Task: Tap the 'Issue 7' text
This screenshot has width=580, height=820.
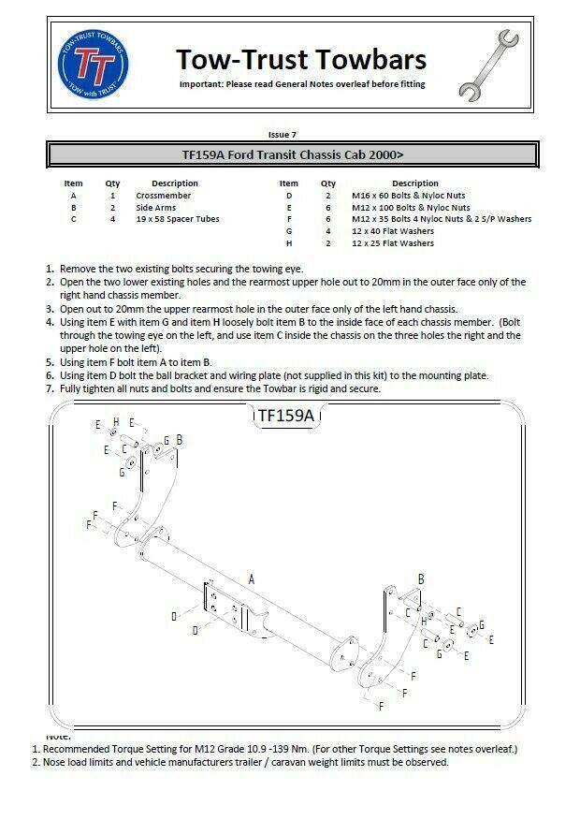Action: coord(283,135)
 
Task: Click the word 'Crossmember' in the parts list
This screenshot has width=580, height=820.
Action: coord(164,196)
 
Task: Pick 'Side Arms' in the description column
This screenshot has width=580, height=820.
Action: coord(157,207)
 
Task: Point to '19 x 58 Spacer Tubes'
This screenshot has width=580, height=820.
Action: coord(179,219)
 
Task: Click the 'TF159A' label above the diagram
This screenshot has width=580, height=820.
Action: coord(284,415)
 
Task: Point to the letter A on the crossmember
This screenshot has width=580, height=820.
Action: coord(252,580)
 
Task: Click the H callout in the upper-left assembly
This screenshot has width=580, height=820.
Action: coord(116,422)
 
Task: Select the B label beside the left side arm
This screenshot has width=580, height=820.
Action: coord(179,439)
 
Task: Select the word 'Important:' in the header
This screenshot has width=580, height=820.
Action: coord(202,84)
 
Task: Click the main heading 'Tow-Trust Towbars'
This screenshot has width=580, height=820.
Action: coord(301,60)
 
